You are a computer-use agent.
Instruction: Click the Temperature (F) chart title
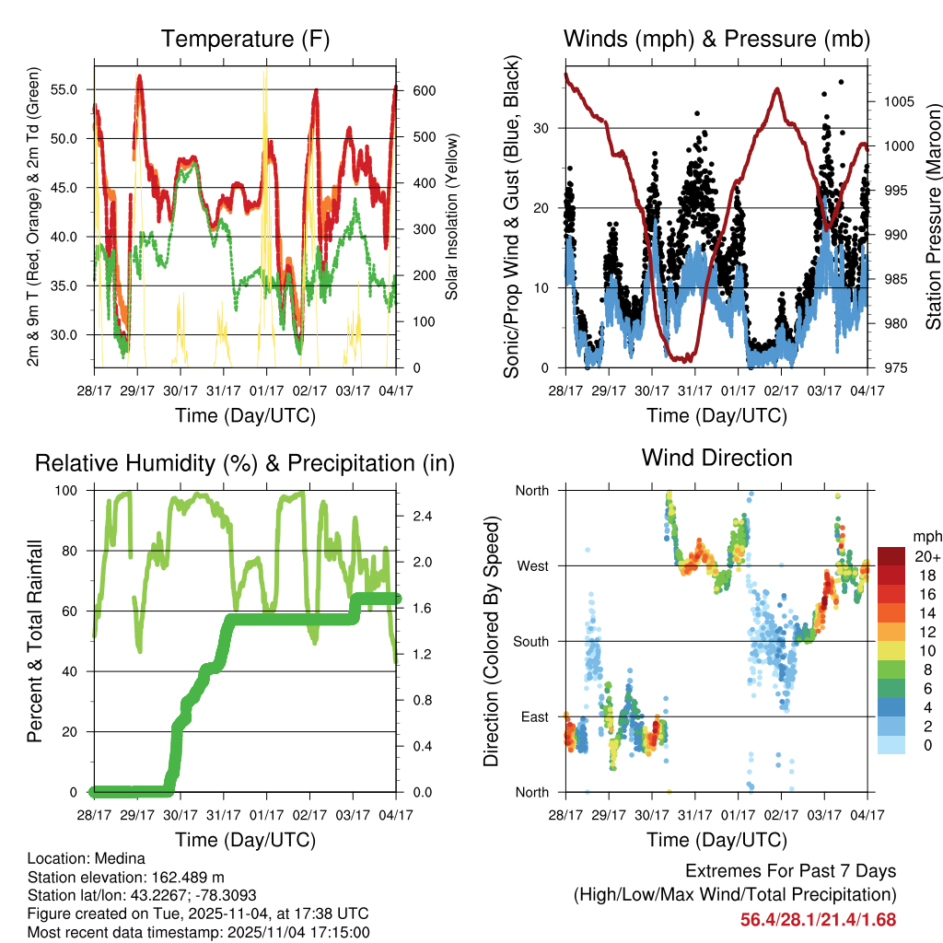[x=245, y=39]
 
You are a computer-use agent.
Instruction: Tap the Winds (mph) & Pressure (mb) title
[x=716, y=39]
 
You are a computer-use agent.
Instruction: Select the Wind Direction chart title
[x=716, y=458]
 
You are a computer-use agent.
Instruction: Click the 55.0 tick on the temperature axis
[x=75, y=90]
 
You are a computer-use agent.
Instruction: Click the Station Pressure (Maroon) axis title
[x=932, y=215]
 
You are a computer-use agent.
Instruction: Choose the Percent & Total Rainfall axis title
[x=33, y=641]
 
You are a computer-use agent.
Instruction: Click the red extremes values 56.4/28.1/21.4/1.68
[x=818, y=919]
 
